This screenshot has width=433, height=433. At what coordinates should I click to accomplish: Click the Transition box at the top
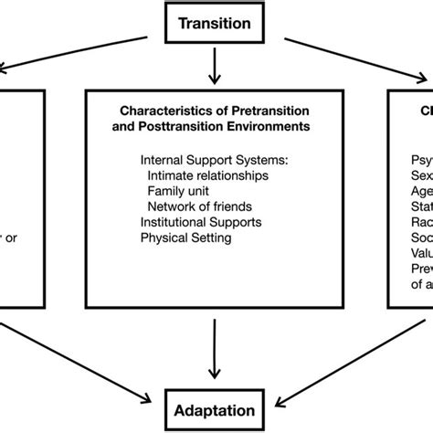pyautogui.click(x=213, y=23)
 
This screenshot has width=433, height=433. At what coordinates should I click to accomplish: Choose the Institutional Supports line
pyautogui.click(x=201, y=222)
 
